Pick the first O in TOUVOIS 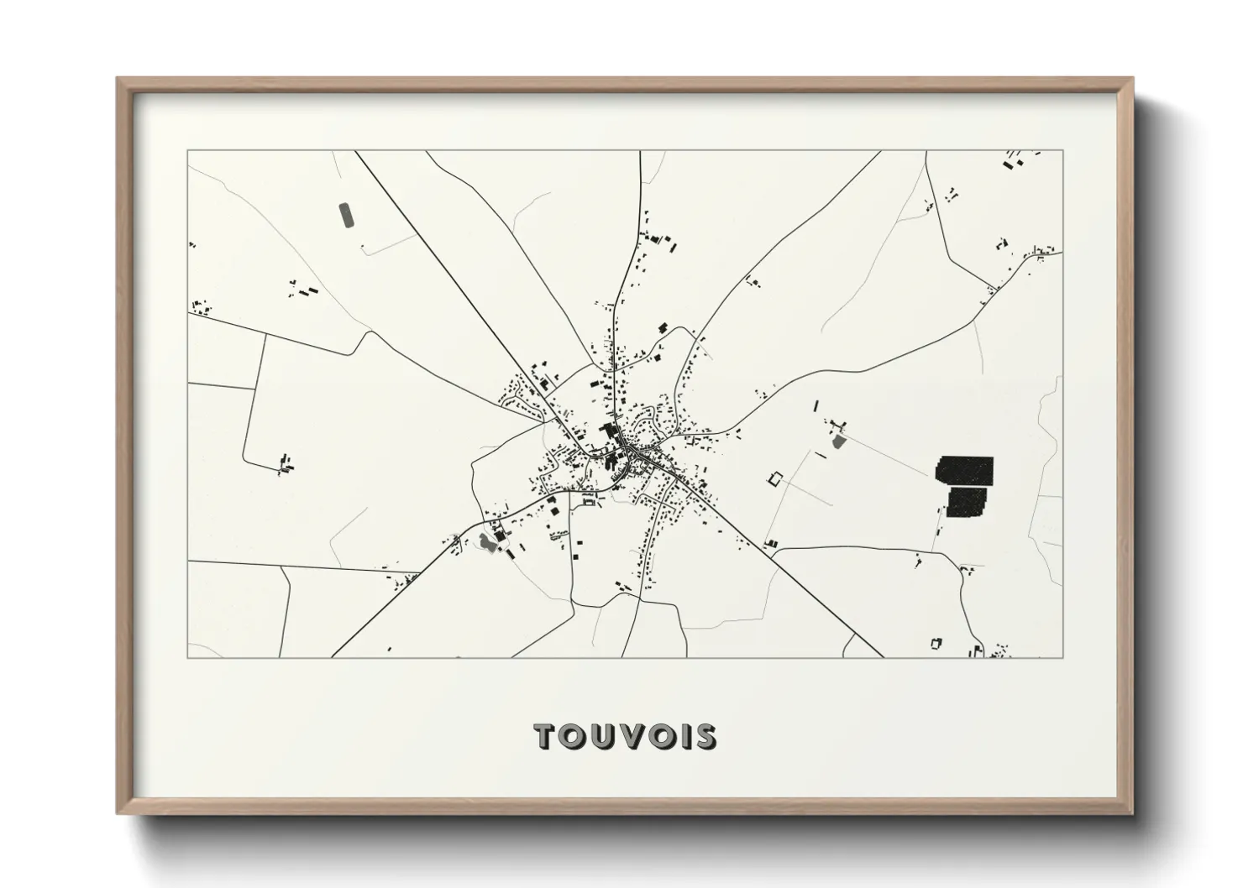coord(572,736)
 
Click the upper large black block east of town coord(964,469)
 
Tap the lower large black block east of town coord(968,502)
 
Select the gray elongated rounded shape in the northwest coord(345,215)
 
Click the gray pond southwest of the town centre coord(486,543)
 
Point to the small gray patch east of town coord(838,440)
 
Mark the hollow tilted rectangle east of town coord(774,479)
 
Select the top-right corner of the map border coord(1062,151)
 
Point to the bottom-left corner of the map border coord(188,657)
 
